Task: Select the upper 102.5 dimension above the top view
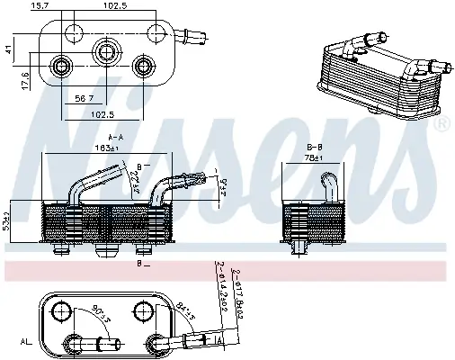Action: pos(113,6)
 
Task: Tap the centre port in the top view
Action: pos(107,49)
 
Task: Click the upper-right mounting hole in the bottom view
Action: pos(143,310)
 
